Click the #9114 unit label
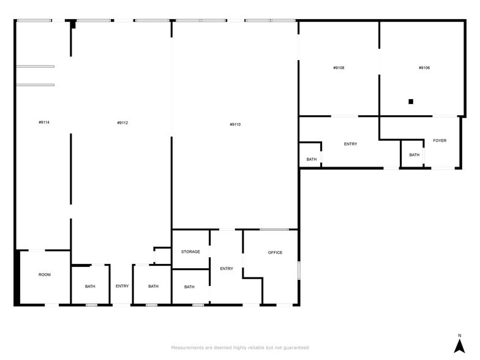pos(43,122)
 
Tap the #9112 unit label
pos(122,122)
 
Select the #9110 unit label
pos(235,124)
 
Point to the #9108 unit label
pos(339,67)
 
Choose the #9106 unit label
pos(424,67)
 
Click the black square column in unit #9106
pos(411,102)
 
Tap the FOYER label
pos(440,141)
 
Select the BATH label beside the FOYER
pos(414,155)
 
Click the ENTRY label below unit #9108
pos(350,144)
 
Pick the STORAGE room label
pos(190,252)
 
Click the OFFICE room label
pos(275,252)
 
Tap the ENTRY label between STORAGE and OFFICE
pos(227,268)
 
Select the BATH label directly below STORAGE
pos(189,287)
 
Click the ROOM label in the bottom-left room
pos(45,274)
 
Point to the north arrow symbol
pos(459,346)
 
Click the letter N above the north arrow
pos(459,335)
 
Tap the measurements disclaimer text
pos(240,347)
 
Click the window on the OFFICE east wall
pos(298,270)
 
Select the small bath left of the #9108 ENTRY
pos(312,159)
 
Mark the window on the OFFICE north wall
pos(274,230)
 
